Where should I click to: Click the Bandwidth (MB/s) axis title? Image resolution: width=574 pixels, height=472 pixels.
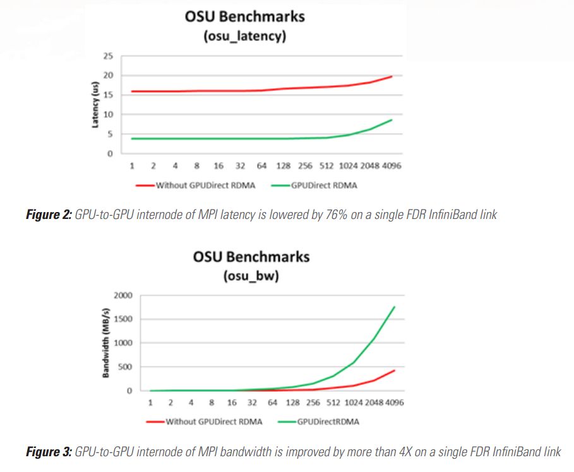107,343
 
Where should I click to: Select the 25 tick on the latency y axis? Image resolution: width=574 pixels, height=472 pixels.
109,57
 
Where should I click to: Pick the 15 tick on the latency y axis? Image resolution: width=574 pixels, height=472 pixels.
109,95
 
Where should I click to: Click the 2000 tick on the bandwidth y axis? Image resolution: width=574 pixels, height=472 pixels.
123,295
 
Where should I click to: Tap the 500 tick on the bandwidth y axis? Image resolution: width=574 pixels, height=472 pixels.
125,367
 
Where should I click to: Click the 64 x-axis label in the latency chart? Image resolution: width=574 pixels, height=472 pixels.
261,166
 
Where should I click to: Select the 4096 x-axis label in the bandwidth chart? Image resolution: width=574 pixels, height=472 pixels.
395,403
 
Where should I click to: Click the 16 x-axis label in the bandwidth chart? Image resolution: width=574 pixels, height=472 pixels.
232,403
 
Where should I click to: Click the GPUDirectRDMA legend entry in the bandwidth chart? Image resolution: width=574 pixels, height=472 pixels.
328,422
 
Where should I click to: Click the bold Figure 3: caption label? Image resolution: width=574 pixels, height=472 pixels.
48,451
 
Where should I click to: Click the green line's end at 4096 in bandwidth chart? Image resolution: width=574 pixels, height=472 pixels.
395,307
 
